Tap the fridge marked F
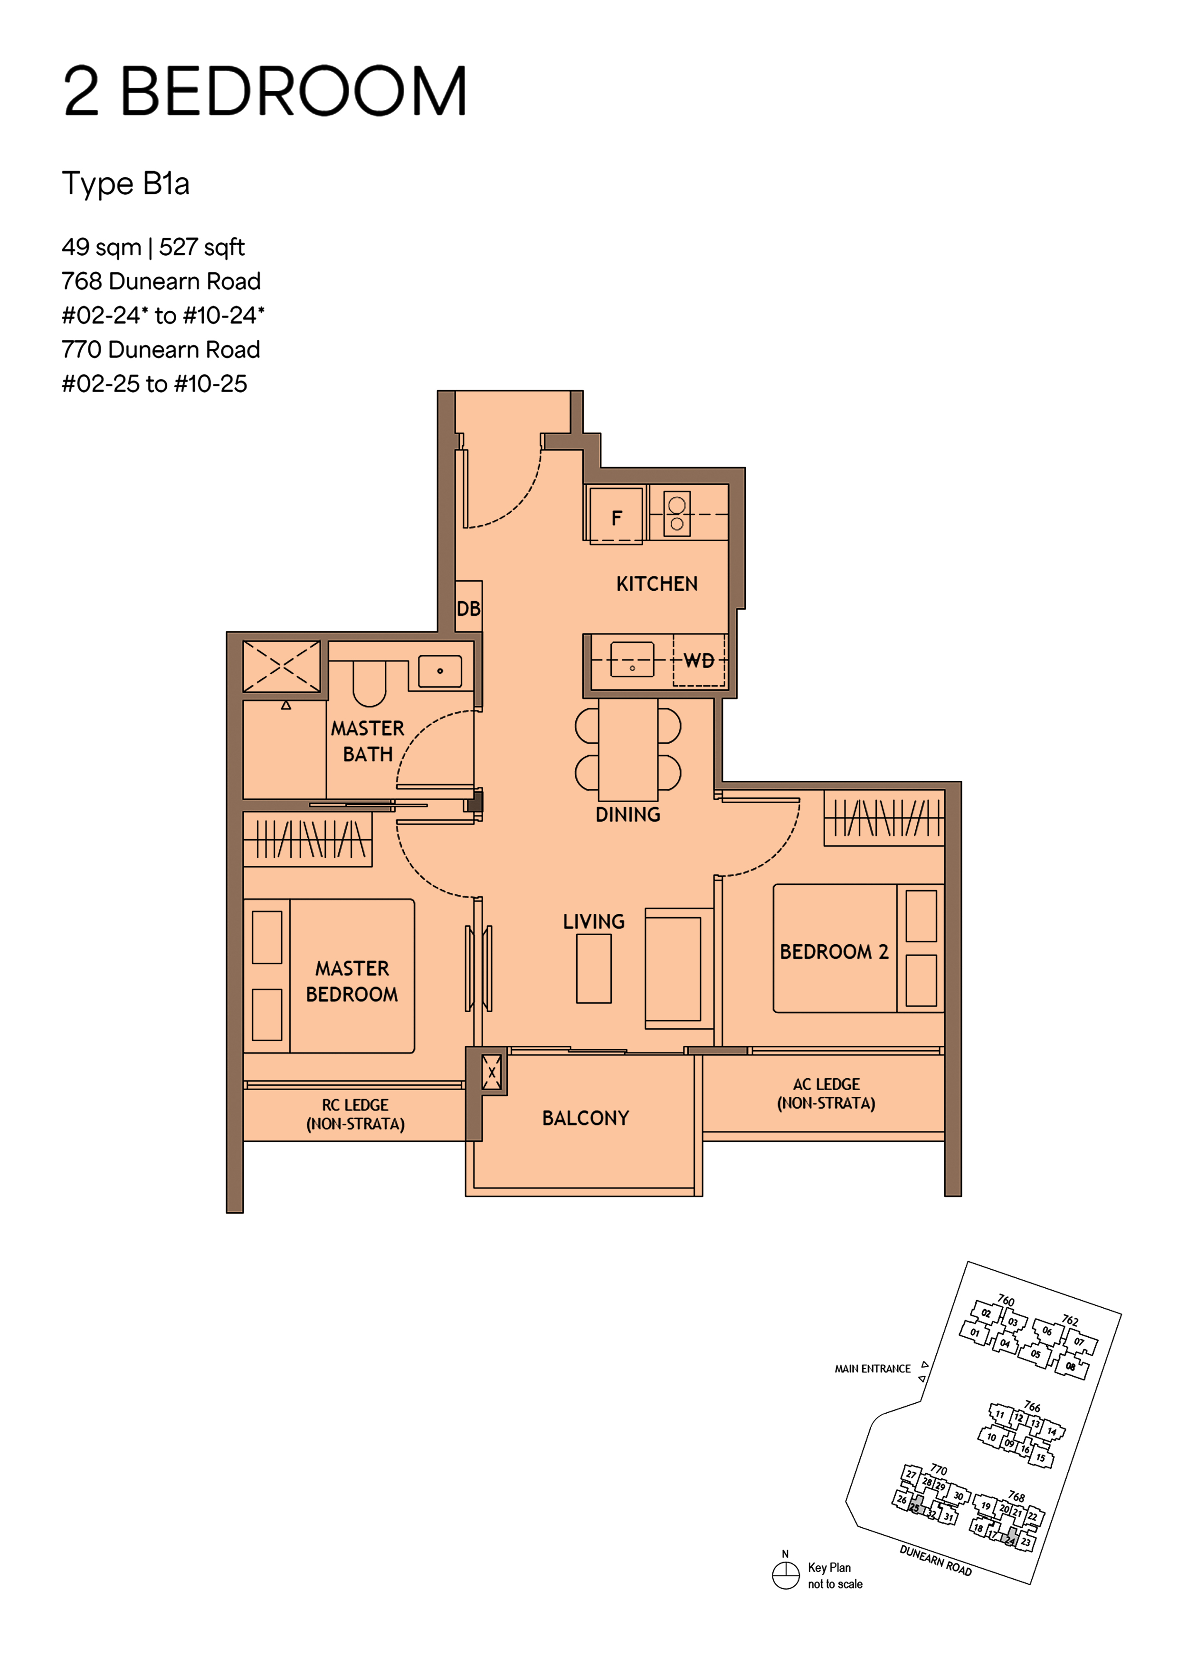pos(616,516)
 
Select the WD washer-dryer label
pos(698,660)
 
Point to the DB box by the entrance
pos(468,608)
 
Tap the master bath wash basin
pos(440,671)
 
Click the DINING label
pos(628,814)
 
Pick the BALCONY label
pos(585,1118)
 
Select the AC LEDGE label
pos(826,1093)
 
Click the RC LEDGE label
pos(355,1114)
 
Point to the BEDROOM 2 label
pos(834,952)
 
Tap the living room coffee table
pos(594,968)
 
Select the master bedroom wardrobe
pos(308,839)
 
